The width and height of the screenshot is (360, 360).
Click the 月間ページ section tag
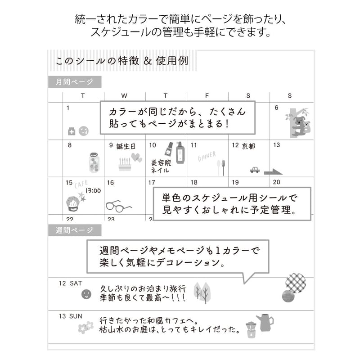coord(75,82)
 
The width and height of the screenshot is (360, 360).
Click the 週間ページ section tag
coord(75,230)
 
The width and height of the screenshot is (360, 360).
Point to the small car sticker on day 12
coord(255,170)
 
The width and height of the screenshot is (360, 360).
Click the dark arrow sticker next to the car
coord(273,171)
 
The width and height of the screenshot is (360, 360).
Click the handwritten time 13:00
coord(93,190)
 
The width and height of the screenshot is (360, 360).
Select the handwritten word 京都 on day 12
coord(248,146)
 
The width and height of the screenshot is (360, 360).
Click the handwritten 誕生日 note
coord(126,146)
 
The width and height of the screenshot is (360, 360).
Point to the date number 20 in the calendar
coord(276,182)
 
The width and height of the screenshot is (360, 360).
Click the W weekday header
coord(124,95)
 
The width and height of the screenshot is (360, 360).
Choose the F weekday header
coord(207,95)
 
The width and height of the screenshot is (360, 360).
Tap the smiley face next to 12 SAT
coord(85,295)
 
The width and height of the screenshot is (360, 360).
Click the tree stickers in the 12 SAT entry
coord(202,292)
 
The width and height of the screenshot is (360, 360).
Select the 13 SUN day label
coord(71,316)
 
